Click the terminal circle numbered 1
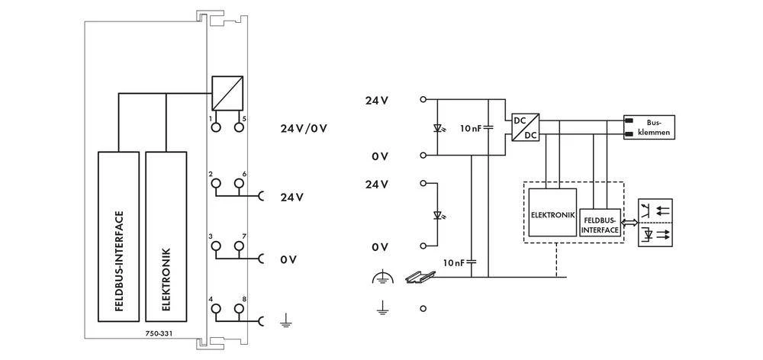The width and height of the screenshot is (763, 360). click(x=217, y=127)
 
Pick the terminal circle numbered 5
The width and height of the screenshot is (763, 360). click(x=239, y=127)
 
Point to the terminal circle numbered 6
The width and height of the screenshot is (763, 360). click(x=239, y=184)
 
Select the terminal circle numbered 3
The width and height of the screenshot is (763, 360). click(x=217, y=246)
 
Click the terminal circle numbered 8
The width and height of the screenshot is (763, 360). click(x=239, y=309)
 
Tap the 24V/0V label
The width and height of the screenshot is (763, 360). click(x=304, y=127)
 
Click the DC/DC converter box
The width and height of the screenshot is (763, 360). click(x=525, y=127)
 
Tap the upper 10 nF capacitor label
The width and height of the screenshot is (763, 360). click(x=471, y=128)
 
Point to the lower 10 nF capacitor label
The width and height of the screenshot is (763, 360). click(x=455, y=262)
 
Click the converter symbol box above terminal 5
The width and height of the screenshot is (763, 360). click(x=227, y=92)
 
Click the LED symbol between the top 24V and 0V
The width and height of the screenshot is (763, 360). click(x=437, y=127)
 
